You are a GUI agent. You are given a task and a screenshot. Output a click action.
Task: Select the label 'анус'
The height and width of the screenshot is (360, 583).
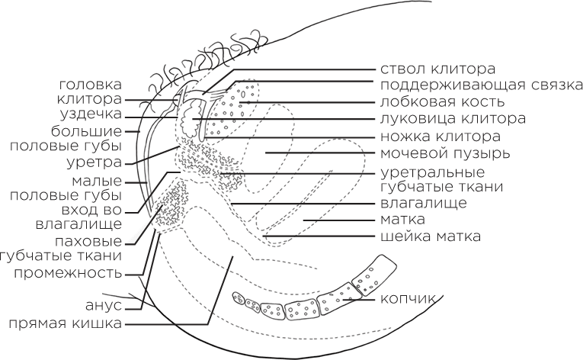point(104,307)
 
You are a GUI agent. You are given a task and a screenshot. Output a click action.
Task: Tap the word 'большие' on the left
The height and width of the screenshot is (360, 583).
point(91,130)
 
